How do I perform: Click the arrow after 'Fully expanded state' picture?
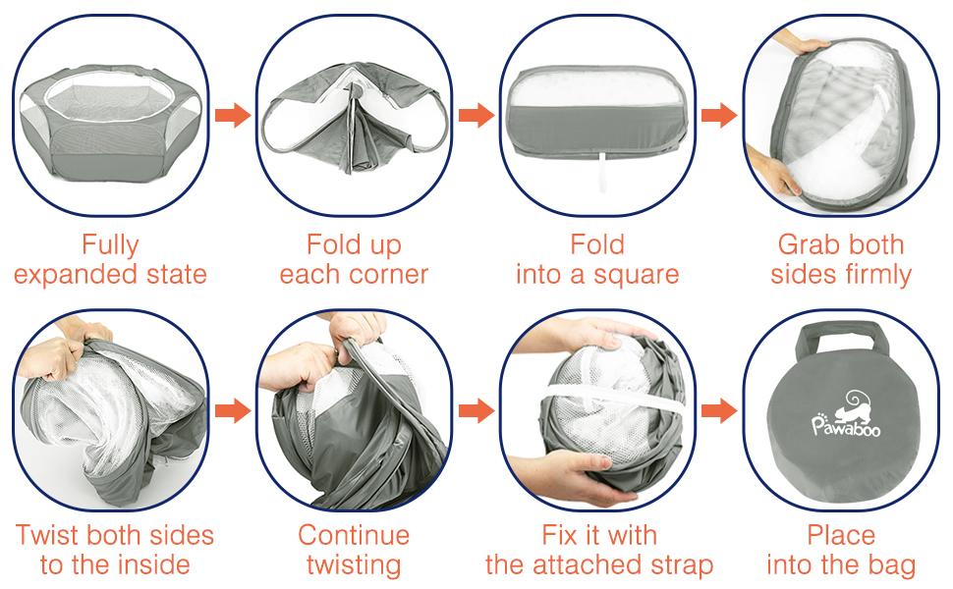pyautogui.click(x=233, y=115)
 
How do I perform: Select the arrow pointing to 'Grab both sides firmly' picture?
pyautogui.click(x=719, y=115)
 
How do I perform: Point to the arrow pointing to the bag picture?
pyautogui.click(x=719, y=411)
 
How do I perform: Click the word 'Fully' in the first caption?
pyautogui.click(x=111, y=244)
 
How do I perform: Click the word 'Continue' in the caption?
pyautogui.click(x=354, y=535)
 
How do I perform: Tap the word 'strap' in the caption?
pyautogui.click(x=681, y=565)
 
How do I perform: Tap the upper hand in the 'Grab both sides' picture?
pyautogui.click(x=801, y=41)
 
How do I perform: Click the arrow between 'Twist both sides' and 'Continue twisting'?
pyautogui.click(x=233, y=411)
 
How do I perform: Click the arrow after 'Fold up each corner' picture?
pyautogui.click(x=476, y=115)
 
